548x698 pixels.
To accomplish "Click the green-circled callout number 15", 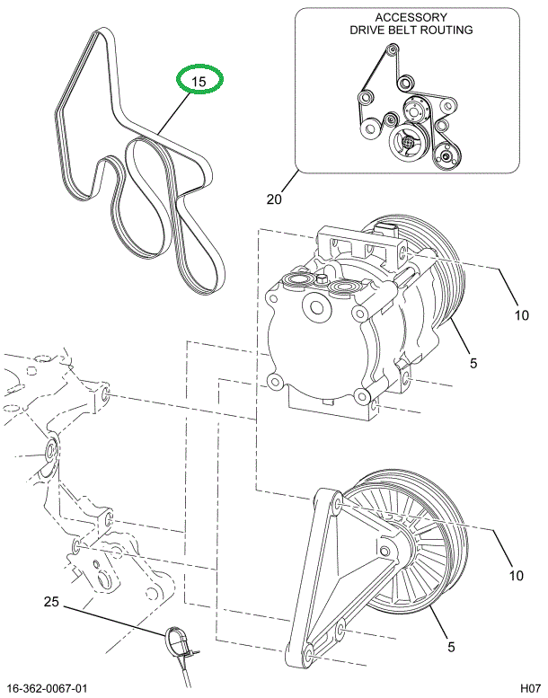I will click(x=199, y=81).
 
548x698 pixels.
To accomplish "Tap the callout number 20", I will click(x=274, y=199).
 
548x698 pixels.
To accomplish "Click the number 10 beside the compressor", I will click(x=521, y=314).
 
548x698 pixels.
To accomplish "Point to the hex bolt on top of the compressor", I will click(x=320, y=279).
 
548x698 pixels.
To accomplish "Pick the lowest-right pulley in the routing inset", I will click(x=444, y=161).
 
